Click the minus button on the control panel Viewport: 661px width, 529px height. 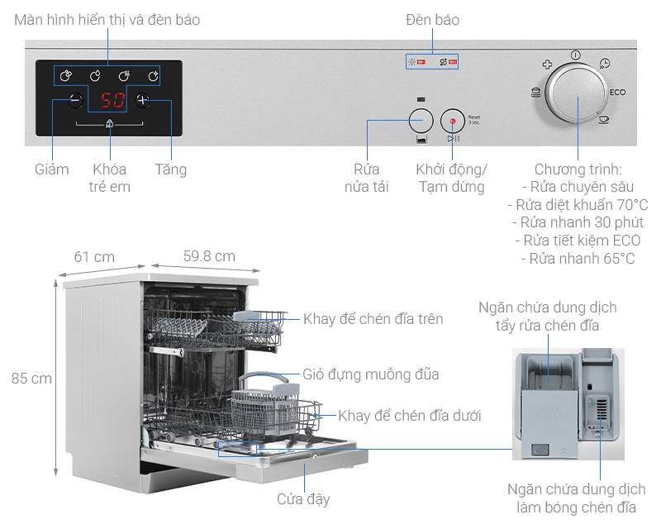tap(75, 100)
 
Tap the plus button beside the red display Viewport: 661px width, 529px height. tap(143, 100)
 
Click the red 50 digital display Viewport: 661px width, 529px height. tap(112, 101)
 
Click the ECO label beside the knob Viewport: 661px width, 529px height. tap(619, 93)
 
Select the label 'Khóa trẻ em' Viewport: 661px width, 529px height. tap(110, 178)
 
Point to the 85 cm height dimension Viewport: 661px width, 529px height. tap(31, 379)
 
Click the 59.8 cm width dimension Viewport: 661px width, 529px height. tap(209, 256)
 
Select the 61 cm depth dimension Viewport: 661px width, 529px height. tap(94, 256)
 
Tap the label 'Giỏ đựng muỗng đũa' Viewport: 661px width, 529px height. tap(369, 374)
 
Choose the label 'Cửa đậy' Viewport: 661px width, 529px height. tap(303, 498)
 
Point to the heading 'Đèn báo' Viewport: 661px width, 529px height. tap(432, 19)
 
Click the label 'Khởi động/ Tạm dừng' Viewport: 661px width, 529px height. tap(451, 178)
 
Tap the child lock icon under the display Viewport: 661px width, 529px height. tap(110, 125)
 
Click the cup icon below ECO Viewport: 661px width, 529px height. tap(604, 120)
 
